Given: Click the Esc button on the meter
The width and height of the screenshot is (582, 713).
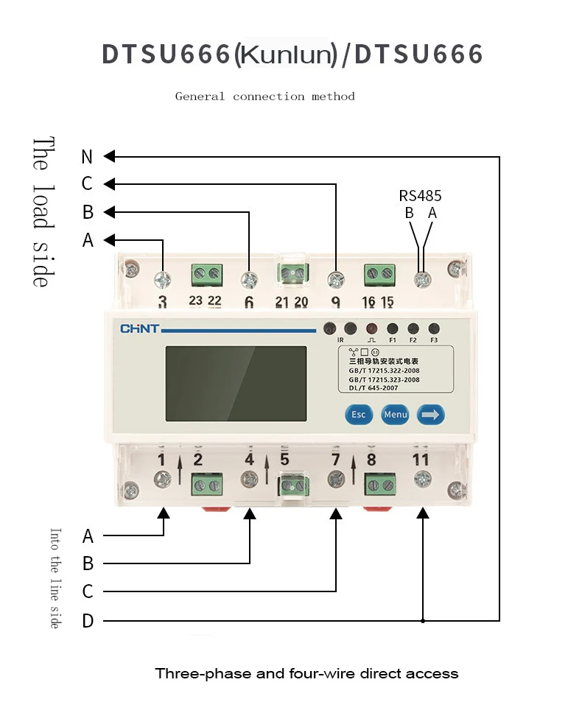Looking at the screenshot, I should (358, 415).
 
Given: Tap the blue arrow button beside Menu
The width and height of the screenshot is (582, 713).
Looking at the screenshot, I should (430, 415).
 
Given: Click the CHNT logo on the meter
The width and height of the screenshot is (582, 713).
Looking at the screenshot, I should (139, 329).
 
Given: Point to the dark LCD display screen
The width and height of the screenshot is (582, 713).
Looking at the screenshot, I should (236, 384).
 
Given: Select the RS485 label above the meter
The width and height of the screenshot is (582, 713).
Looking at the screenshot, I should (421, 196).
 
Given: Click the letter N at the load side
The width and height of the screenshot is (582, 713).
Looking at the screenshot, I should (88, 157).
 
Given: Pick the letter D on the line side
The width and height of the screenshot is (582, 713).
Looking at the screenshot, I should (88, 622).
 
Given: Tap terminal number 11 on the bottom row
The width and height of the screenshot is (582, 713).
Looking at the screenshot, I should (421, 460).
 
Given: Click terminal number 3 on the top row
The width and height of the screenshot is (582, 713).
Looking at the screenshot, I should (163, 301).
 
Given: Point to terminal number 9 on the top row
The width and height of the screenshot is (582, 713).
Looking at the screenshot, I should (335, 301).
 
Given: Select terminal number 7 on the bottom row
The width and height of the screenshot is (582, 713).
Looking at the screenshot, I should (335, 460).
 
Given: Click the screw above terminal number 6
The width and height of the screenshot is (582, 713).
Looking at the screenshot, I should (249, 279).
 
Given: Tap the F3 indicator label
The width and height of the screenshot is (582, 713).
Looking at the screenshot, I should (434, 340).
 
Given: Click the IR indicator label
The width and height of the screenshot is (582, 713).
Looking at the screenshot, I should (340, 340).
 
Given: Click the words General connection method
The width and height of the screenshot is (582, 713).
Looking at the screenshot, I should (264, 96).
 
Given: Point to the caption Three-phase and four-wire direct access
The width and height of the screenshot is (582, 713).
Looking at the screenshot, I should (306, 673).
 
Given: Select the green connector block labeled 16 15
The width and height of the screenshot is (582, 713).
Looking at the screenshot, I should (379, 275).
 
